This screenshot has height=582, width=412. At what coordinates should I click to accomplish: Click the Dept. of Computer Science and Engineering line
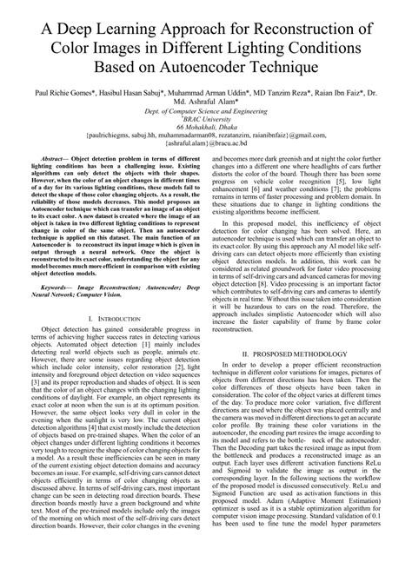206,112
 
